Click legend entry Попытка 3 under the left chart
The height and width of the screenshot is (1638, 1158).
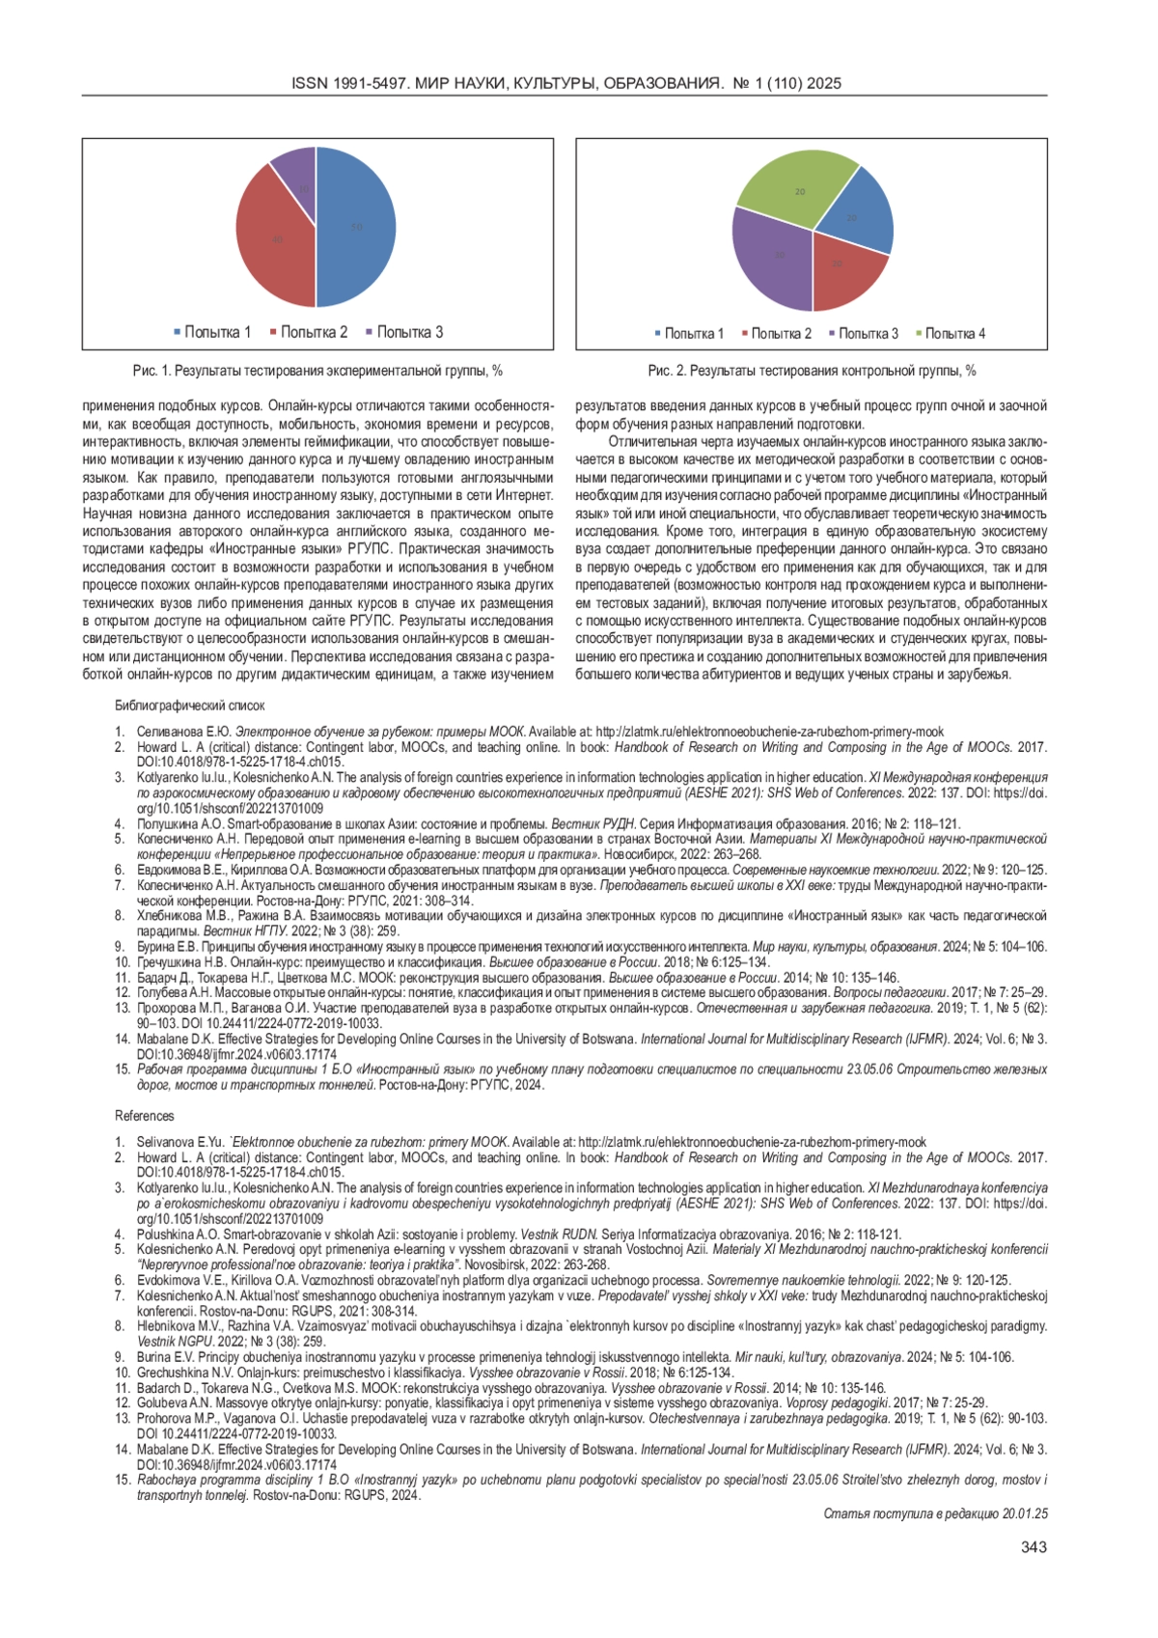point(404,332)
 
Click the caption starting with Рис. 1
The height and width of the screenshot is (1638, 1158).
point(317,371)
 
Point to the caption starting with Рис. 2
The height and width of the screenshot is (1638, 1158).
point(812,371)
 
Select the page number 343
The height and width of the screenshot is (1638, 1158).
point(1033,1547)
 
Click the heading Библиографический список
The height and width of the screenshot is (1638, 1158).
point(189,706)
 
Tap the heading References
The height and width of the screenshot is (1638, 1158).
point(145,1116)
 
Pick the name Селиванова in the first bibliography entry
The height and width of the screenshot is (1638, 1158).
point(170,732)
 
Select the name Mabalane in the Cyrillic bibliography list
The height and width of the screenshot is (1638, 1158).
point(163,1040)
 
